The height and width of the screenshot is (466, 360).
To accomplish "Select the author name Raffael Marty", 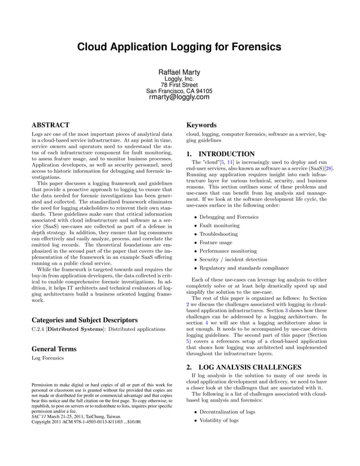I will (x=179, y=72).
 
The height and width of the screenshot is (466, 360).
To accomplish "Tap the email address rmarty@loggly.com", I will (x=179, y=97).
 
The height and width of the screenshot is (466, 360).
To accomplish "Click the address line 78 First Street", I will (x=179, y=85).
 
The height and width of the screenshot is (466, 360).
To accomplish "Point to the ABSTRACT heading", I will (x=50, y=125).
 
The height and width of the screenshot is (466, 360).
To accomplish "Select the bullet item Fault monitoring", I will (x=220, y=225).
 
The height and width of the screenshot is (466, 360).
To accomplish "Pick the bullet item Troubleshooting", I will (x=219, y=234).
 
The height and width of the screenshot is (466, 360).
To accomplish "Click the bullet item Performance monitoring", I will (x=229, y=250).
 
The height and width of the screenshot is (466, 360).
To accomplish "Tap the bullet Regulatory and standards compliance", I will (x=244, y=268).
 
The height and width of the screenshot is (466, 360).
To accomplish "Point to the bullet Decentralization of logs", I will (x=227, y=412).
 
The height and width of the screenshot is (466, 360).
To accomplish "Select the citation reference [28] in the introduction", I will (x=329, y=168).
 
